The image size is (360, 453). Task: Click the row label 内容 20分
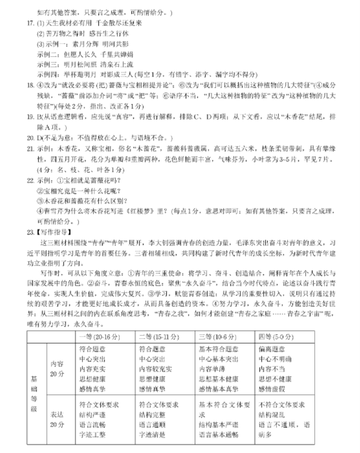(57, 369)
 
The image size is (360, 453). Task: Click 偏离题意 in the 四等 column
(271, 350)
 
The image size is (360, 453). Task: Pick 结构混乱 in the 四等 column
(271, 415)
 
